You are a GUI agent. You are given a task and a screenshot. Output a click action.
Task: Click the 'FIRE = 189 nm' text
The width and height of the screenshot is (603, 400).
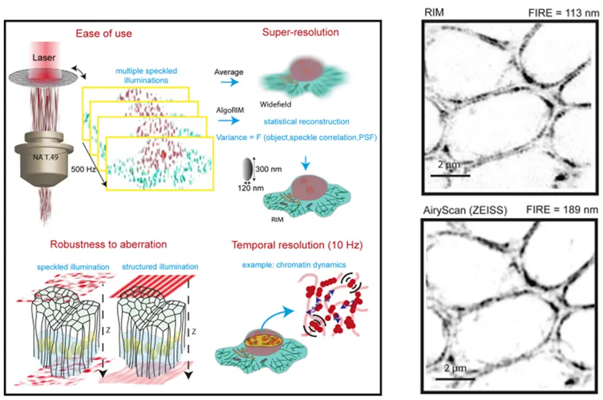[x=564, y=210]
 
